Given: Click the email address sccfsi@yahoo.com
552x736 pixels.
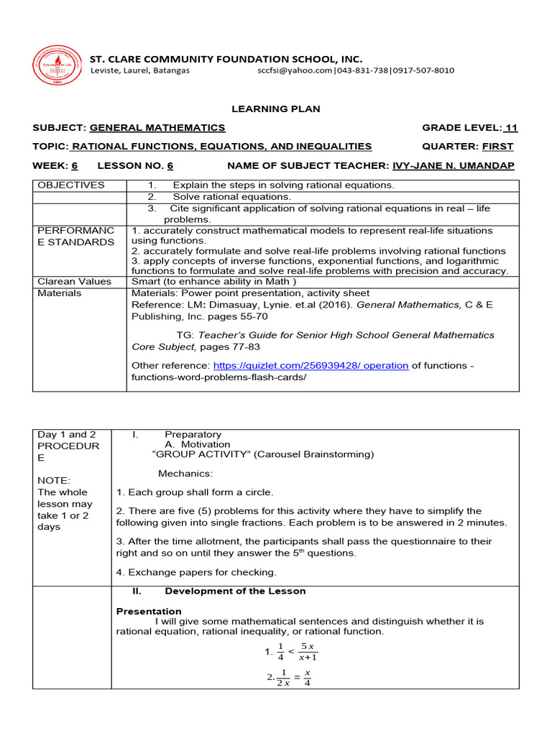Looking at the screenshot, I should click(295, 70).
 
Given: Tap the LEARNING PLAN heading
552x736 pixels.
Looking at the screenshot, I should click(275, 109).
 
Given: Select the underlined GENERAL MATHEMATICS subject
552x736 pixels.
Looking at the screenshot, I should click(157, 128).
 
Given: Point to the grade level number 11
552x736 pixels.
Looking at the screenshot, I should click(511, 128).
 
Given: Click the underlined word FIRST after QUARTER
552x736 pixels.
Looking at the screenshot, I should click(498, 147).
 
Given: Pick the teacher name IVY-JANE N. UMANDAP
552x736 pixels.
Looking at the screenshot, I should click(454, 165).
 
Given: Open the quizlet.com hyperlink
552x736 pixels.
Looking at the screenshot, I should click(310, 365).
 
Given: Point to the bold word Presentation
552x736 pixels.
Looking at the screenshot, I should click(149, 611).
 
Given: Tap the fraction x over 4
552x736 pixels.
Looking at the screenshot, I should click(307, 678).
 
